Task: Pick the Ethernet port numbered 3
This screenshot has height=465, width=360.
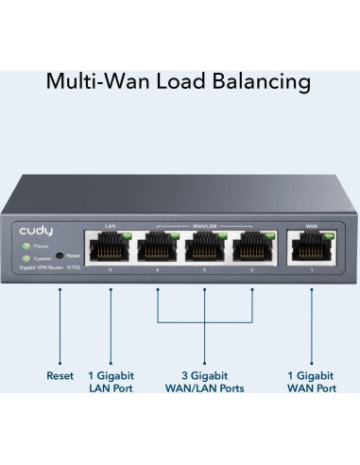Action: [x=203, y=250]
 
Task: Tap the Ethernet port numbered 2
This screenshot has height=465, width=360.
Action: [x=251, y=250]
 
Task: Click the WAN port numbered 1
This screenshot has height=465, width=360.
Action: [x=311, y=250]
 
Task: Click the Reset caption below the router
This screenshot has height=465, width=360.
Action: [x=60, y=375]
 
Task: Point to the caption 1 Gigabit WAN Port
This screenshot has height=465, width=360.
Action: [x=311, y=382]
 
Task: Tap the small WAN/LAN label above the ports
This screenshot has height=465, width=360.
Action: [x=203, y=227]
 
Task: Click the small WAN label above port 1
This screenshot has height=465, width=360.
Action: [x=311, y=227]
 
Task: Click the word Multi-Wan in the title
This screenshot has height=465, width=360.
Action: [x=94, y=82]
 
